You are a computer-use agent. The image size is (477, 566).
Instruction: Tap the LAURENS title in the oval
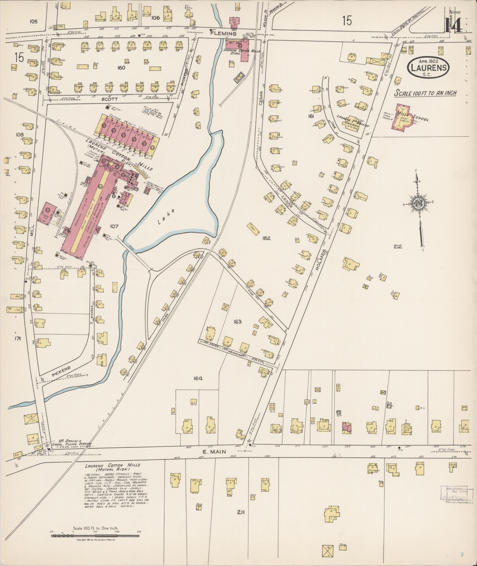click(429, 68)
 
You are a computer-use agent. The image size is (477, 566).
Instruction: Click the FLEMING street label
click(227, 34)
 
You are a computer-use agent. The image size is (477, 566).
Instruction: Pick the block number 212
click(398, 246)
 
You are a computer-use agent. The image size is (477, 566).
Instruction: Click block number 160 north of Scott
click(121, 68)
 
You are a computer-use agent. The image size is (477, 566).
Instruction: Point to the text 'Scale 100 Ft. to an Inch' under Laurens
click(426, 93)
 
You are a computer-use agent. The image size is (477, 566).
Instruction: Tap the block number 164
click(198, 378)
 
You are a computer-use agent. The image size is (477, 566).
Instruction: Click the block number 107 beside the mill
click(114, 227)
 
